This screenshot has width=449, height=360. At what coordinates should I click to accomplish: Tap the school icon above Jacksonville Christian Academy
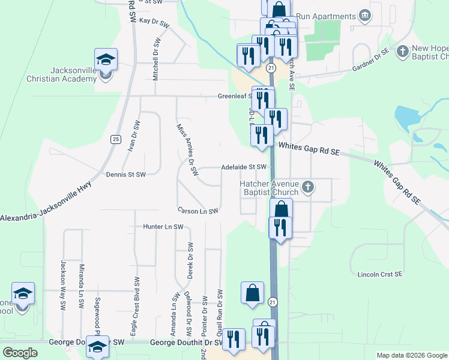[106, 59]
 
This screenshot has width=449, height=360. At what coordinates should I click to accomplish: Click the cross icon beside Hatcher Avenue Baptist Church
[308, 187]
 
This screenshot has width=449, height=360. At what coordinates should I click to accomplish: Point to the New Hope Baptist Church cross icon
[402, 50]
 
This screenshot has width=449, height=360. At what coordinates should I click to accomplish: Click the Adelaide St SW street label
[243, 167]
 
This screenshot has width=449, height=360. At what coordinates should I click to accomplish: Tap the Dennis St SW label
[126, 175]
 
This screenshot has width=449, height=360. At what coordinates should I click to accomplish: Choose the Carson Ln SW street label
[197, 211]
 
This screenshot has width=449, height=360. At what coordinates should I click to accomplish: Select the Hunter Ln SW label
[163, 227]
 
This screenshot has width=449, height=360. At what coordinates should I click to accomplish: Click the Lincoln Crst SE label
[379, 274]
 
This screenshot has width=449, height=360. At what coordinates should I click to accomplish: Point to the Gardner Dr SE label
[371, 62]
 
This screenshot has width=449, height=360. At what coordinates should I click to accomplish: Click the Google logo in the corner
[20, 352]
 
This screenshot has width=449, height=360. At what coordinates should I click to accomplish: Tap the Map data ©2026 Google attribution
[412, 355]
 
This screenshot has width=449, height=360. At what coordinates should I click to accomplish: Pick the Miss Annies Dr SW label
[187, 150]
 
